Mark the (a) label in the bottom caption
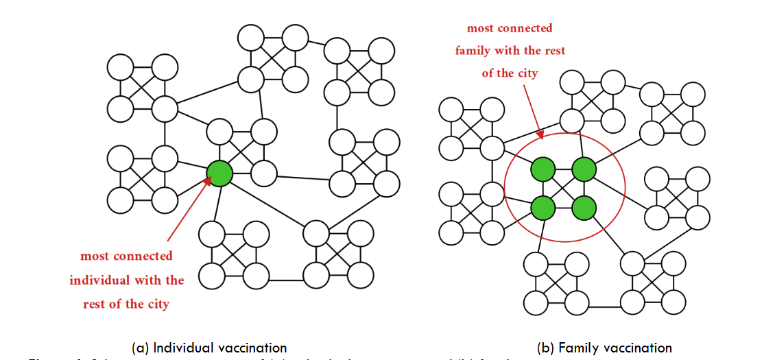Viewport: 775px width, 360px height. pos(141,348)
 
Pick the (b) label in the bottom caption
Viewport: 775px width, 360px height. pos(548,348)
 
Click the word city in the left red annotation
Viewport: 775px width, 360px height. pos(156,304)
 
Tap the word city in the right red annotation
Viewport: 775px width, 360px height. pos(525,73)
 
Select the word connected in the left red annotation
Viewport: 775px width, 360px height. pos(141,256)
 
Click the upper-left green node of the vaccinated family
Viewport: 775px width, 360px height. pos(543,169)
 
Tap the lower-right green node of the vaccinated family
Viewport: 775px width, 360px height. pos(584,207)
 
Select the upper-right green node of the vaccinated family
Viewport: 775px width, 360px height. pos(584,169)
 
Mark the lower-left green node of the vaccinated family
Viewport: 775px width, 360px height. pos(543,207)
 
